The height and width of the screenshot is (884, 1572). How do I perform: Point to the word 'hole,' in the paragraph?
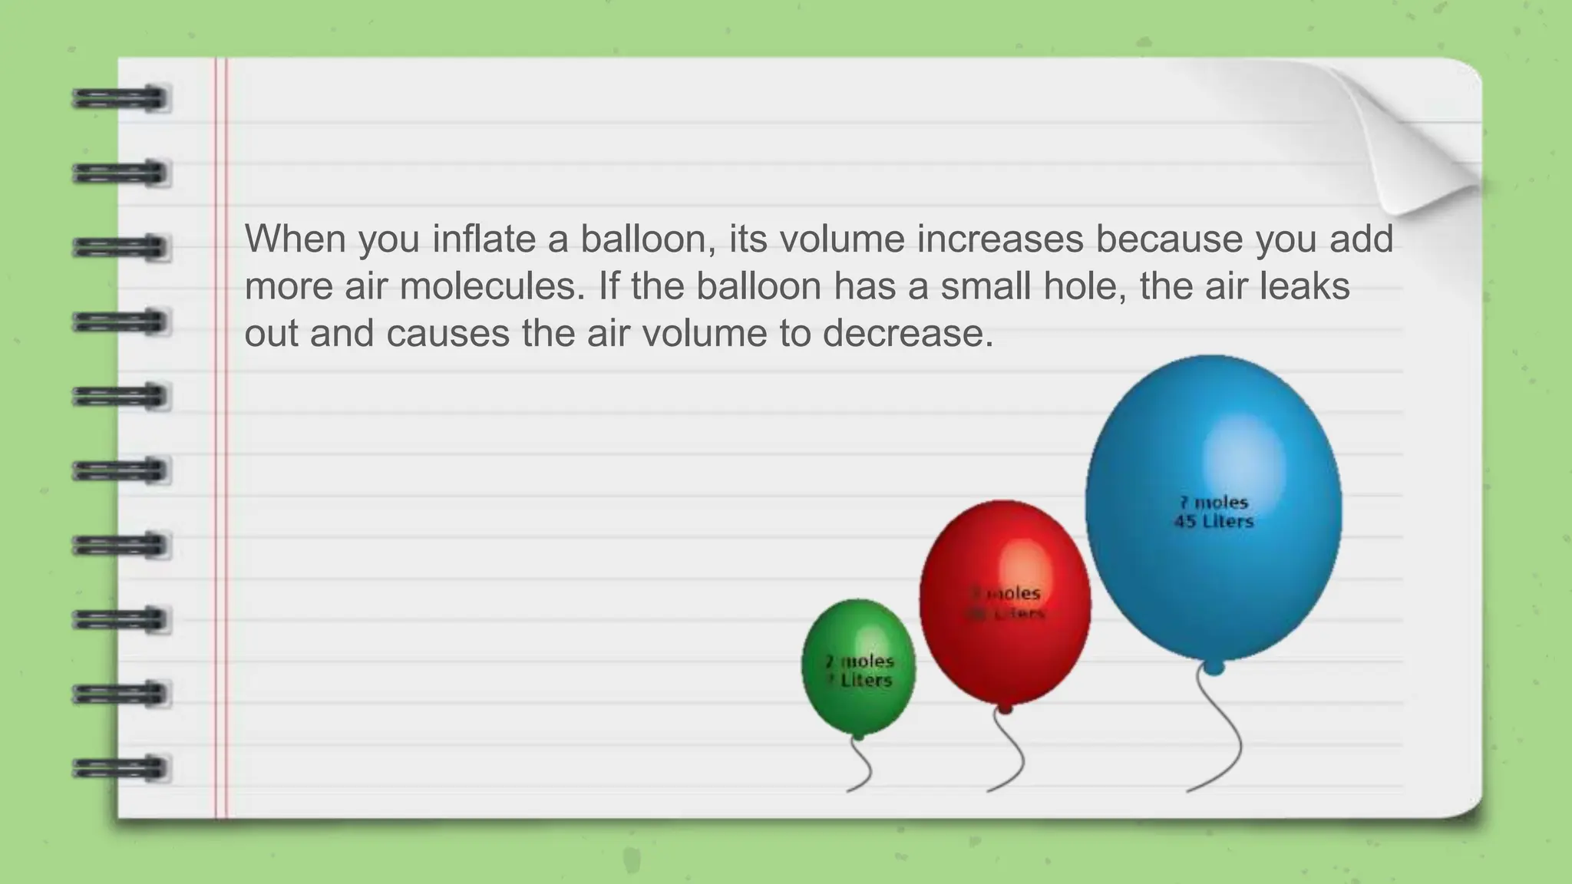coord(1085,286)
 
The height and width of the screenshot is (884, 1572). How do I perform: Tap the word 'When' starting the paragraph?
coord(296,239)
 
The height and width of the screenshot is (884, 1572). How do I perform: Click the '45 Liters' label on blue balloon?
coord(1214,522)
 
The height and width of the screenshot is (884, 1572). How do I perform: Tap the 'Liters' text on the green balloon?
coord(866,681)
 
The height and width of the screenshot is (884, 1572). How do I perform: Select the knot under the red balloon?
coord(1004,708)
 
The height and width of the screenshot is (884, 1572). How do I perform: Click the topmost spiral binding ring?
coord(120,99)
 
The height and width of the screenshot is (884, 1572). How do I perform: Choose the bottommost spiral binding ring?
coord(120,768)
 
